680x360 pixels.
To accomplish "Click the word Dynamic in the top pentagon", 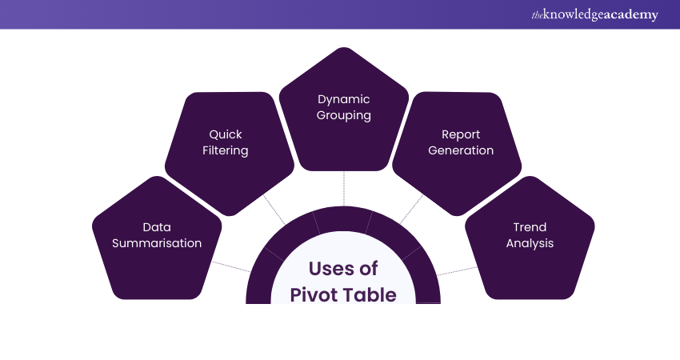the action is [x=343, y=100].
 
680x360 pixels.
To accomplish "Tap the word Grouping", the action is [x=343, y=116].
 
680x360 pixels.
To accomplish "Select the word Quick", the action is [x=226, y=134].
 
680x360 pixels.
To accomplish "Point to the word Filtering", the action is [x=225, y=151].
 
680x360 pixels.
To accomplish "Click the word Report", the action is [x=461, y=135].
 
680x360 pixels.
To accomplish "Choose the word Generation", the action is [x=461, y=150].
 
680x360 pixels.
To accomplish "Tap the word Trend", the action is [x=530, y=227].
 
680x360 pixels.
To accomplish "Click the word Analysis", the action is [x=530, y=243].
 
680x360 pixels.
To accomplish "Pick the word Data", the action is [x=157, y=227].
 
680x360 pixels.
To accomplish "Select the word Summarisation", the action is [x=157, y=243].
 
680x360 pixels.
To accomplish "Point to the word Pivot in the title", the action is [x=312, y=295].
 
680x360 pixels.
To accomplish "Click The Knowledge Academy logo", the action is [x=594, y=14].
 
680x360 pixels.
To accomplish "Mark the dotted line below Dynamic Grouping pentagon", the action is [x=344, y=189].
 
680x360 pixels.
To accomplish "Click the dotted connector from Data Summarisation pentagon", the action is [x=231, y=266].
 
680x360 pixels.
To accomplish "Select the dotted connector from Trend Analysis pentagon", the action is [x=457, y=271].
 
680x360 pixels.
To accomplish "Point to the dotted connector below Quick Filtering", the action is [x=274, y=210].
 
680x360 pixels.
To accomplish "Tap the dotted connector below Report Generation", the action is [x=411, y=209].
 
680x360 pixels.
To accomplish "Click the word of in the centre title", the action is [x=368, y=269].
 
